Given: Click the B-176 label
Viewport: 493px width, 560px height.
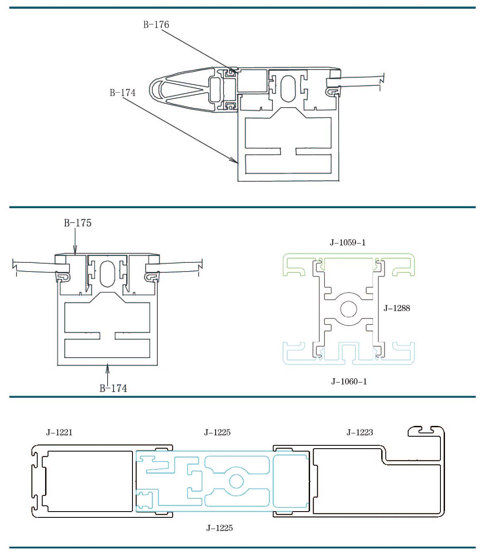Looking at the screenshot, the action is click(x=156, y=24).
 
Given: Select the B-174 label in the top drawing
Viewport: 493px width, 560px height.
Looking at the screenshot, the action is click(x=123, y=93).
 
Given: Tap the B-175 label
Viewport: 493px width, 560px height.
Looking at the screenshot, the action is click(x=77, y=223).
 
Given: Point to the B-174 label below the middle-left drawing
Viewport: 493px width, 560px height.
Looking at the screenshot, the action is click(x=113, y=388).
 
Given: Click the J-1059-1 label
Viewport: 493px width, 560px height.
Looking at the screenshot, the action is click(x=348, y=243).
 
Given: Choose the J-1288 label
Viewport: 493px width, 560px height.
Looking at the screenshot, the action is click(x=397, y=308).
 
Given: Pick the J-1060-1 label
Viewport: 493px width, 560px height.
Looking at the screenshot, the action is click(x=349, y=382).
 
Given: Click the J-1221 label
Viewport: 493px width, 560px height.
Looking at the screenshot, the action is click(x=59, y=432).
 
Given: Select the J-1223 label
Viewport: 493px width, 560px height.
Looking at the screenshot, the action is click(x=360, y=432).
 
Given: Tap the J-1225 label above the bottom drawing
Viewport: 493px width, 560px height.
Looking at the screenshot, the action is click(x=217, y=432).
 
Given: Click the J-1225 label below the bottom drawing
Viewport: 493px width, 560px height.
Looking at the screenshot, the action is click(x=219, y=528).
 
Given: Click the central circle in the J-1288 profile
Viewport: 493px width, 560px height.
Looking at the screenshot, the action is click(x=349, y=309).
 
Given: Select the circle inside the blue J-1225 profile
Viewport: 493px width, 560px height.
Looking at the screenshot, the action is click(x=236, y=481).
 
